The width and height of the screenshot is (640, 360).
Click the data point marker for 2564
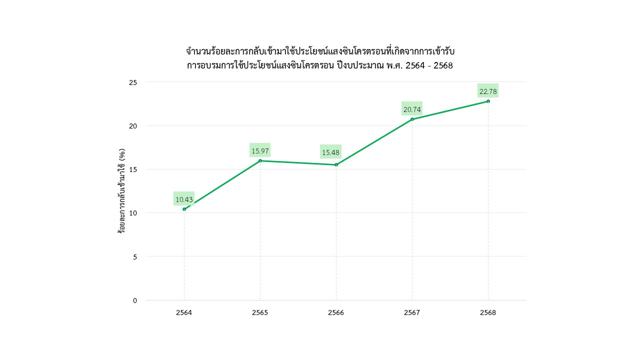[184, 209]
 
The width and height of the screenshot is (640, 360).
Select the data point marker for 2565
[260, 160]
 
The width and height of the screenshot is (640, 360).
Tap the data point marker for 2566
[336, 165]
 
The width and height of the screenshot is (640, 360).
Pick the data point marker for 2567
[412, 119]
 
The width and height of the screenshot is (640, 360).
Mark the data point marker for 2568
[488, 101]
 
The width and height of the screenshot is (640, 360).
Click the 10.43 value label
[184, 199]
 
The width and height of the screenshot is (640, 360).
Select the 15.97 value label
[260, 150]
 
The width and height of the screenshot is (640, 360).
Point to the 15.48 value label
[330, 152]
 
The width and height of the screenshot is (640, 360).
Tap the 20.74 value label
[412, 109]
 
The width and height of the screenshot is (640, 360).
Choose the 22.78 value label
[488, 91]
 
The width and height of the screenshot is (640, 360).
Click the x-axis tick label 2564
[184, 313]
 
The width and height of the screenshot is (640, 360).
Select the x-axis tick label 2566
[336, 313]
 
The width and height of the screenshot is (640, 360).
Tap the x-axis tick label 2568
[488, 313]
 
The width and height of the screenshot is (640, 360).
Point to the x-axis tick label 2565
[260, 313]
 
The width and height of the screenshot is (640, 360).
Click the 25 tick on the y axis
[133, 82]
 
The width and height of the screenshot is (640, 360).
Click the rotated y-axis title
[121, 191]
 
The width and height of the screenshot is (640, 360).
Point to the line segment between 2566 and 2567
[374, 142]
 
